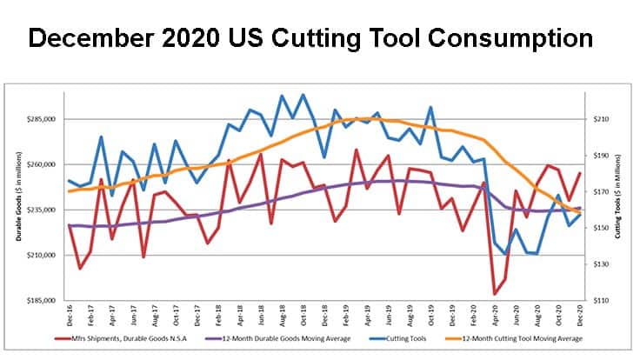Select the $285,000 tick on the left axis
click(43, 119)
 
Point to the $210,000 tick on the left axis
click(43, 255)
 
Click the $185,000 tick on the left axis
click(43, 301)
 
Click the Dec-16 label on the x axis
click(70, 315)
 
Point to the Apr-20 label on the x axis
click(495, 315)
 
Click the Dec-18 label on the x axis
click(324, 315)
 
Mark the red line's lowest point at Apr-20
click(495, 294)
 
